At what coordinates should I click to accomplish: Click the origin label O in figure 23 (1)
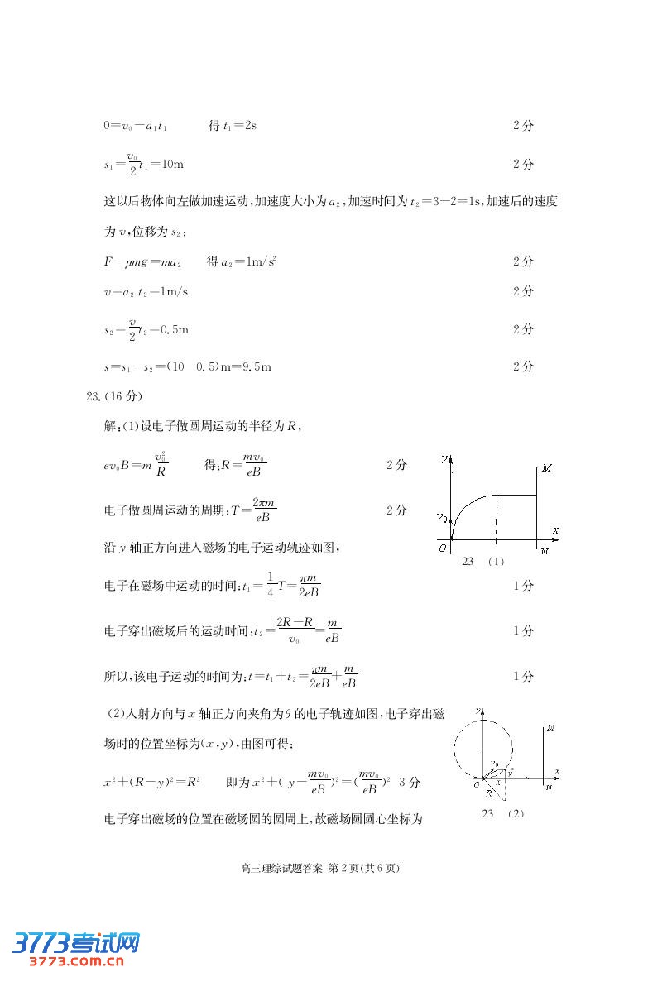443,548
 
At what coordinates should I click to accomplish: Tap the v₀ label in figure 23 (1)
443,518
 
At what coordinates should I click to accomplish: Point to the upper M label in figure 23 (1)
546,468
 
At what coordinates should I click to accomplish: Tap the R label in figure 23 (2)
489,793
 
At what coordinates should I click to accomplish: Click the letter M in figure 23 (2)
550,728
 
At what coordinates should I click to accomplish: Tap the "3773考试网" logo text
74,942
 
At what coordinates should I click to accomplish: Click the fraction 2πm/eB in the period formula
265,510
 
